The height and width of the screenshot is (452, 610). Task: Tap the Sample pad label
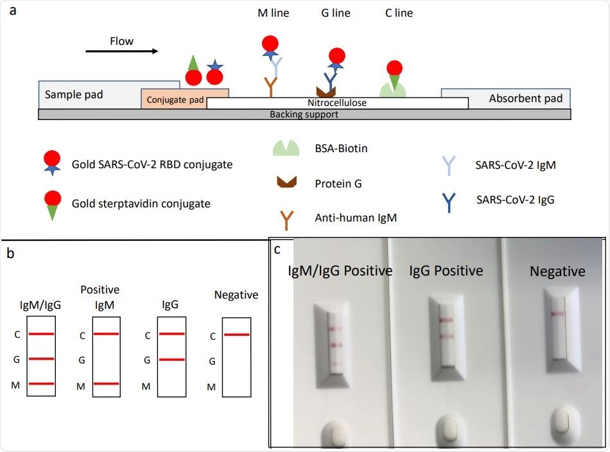pos(74,96)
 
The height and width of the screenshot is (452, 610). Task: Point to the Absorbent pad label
pos(525,98)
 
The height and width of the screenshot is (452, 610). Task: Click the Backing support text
pos(304,114)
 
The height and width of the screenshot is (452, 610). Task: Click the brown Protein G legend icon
pos(286,183)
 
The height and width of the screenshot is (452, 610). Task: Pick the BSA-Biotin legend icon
pos(286,149)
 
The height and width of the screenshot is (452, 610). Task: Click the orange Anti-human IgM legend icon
pos(286,218)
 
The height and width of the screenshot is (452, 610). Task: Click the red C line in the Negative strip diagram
pos(237,335)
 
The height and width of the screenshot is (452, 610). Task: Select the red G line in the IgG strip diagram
pos(171,360)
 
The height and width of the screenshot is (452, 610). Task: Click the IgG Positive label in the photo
pos(446,271)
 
